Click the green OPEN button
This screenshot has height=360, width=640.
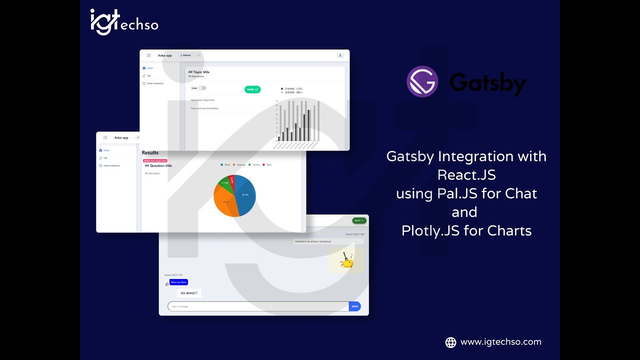[x=252, y=89]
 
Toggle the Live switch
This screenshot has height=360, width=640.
[x=202, y=88]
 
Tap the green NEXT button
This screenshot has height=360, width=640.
[x=359, y=220]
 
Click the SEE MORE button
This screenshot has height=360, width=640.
[x=189, y=293]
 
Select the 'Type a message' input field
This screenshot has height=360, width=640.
[x=258, y=306]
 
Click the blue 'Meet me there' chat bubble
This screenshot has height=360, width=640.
[x=178, y=282]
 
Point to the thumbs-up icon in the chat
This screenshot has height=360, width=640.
[x=167, y=284]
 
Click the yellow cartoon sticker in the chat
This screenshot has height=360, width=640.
[x=346, y=260]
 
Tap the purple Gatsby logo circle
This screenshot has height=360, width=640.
[x=422, y=81]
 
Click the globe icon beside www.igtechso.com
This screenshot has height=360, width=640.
[x=450, y=342]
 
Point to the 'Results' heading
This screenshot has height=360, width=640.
[x=150, y=153]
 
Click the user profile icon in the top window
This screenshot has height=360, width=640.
[x=340, y=55]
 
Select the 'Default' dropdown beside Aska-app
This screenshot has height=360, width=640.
[x=189, y=55]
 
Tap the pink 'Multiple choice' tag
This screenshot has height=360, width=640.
[x=154, y=161]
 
